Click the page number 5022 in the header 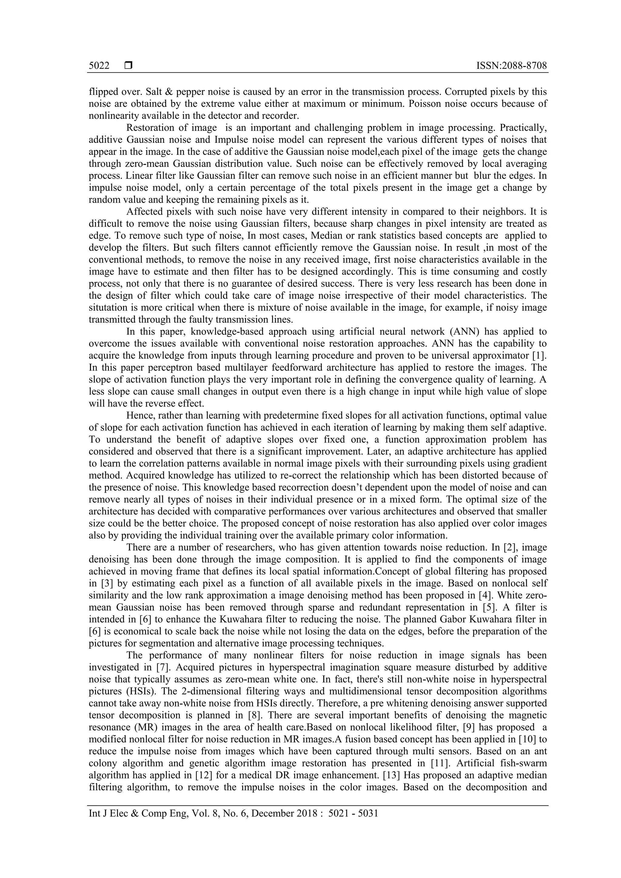(x=99, y=66)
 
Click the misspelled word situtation (x=108, y=307)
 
